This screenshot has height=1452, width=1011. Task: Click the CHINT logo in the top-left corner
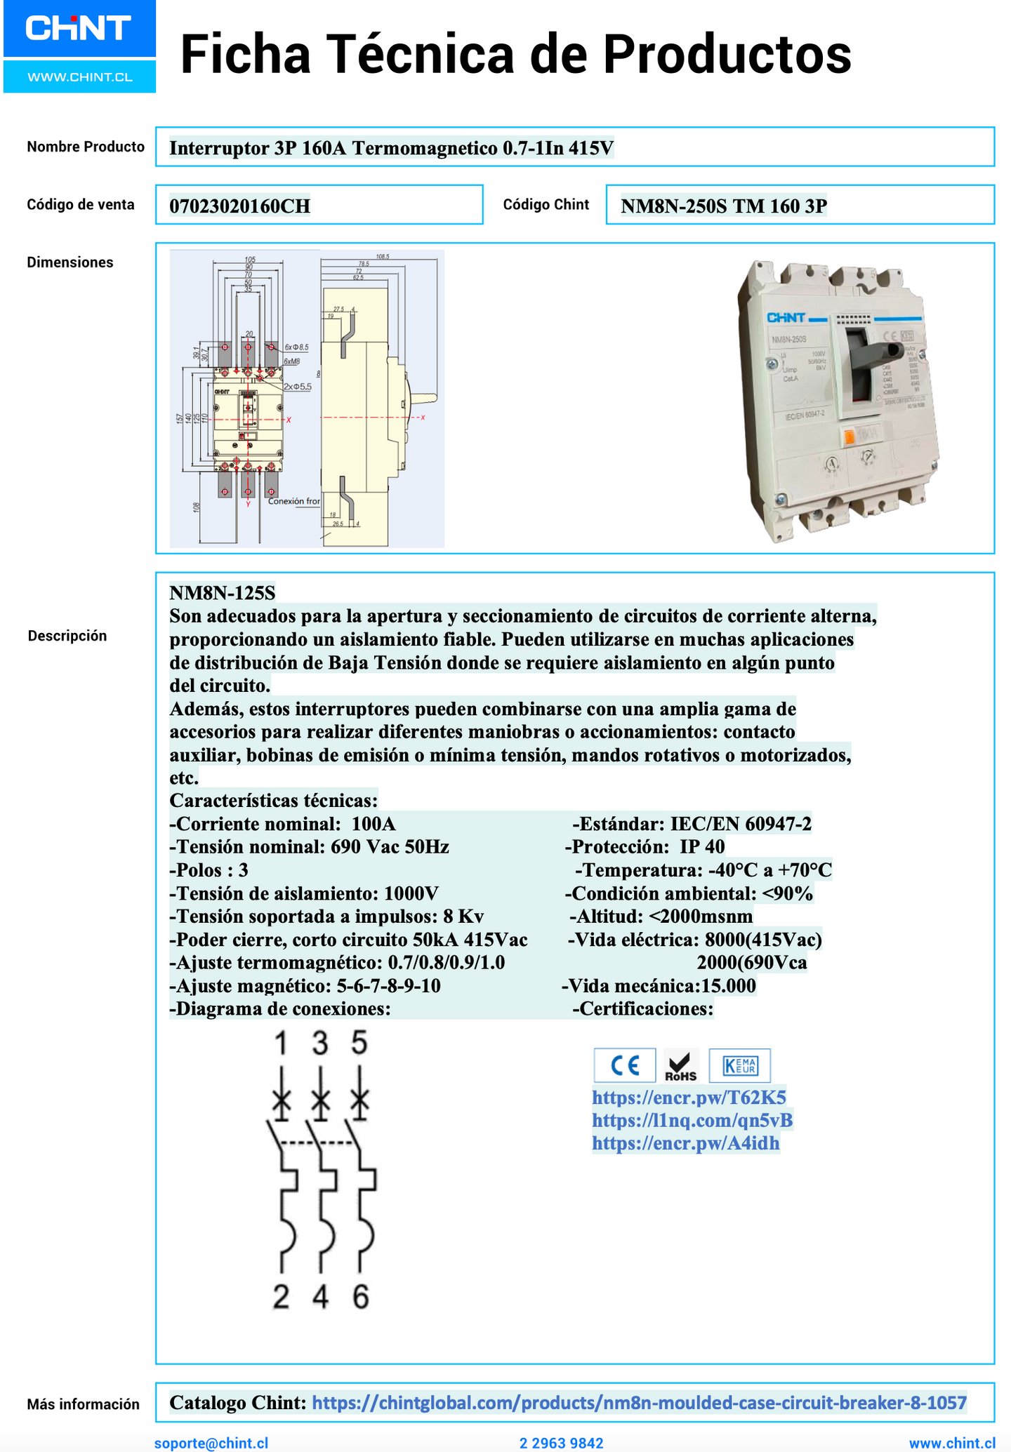tap(79, 29)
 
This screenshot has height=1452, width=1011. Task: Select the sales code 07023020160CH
tap(240, 206)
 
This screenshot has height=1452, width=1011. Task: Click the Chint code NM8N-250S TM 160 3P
tap(724, 206)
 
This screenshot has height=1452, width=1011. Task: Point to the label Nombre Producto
tap(86, 147)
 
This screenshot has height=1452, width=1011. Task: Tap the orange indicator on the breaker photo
tap(848, 436)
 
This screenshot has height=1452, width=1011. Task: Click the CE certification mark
tap(624, 1065)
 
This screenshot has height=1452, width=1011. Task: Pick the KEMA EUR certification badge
tap(739, 1065)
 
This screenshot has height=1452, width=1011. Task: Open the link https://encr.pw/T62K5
tap(689, 1097)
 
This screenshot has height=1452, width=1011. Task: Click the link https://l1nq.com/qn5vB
tap(692, 1120)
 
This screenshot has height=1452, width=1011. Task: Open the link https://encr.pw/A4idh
tap(685, 1143)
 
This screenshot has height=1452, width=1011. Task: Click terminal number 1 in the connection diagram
tap(281, 1044)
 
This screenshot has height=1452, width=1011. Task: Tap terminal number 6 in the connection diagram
tap(360, 1298)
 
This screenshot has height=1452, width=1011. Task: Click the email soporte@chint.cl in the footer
tap(211, 1443)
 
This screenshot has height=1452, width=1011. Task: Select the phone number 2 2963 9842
tap(561, 1443)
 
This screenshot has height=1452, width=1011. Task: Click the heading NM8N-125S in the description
tap(223, 593)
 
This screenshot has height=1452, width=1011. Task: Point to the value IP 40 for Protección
tap(702, 847)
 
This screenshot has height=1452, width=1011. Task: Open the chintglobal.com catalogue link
tap(639, 1403)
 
